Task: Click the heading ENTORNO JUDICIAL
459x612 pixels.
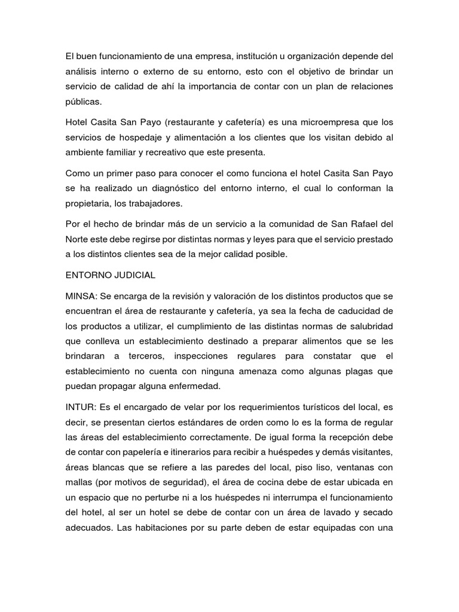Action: [111, 275]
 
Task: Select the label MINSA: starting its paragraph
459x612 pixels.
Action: [81, 296]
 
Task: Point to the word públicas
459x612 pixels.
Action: [84, 101]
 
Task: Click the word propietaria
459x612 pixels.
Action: [90, 203]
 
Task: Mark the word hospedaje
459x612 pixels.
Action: [132, 137]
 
